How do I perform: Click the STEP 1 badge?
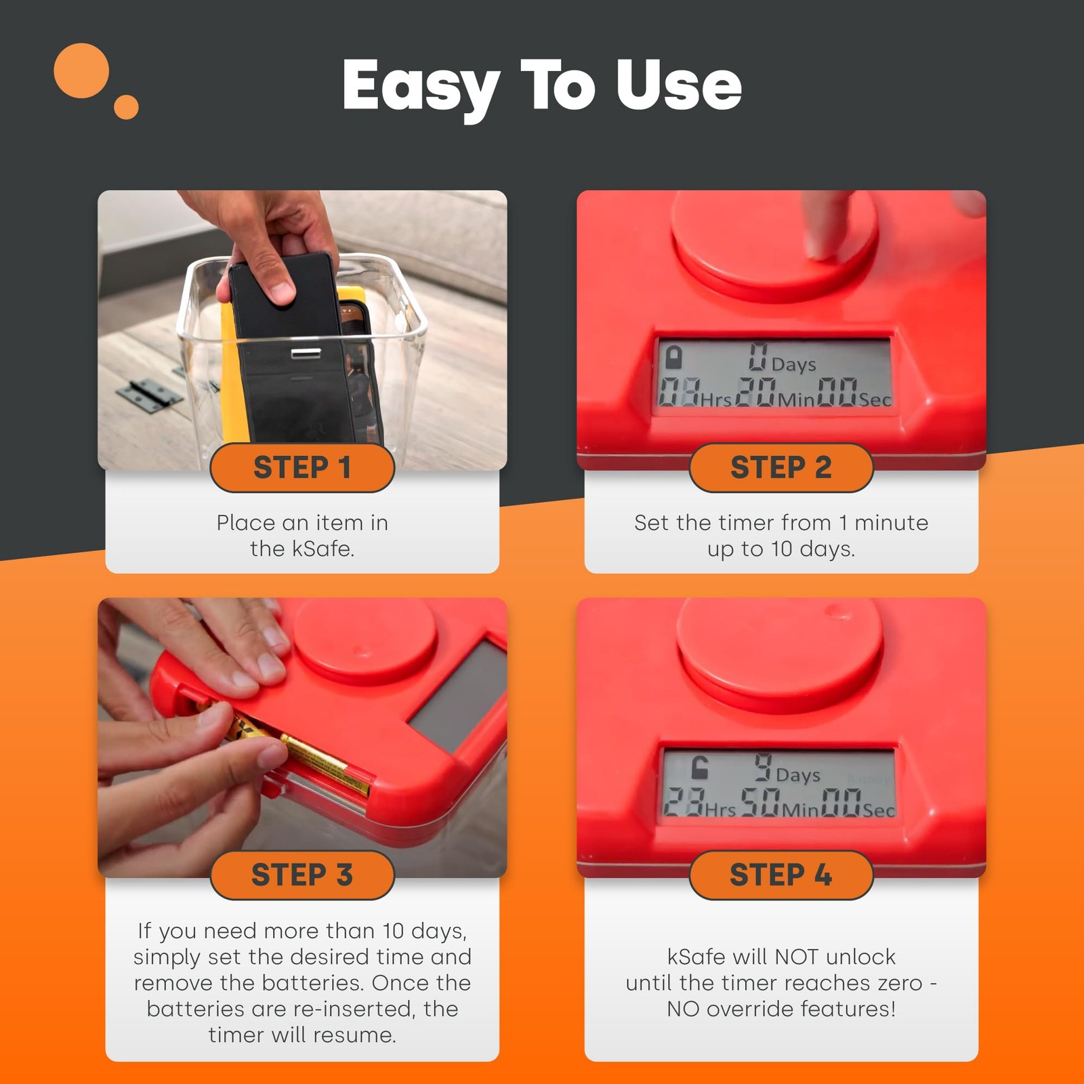[302, 467]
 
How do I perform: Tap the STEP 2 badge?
[781, 467]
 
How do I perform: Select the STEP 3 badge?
[302, 875]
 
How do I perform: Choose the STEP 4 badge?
[781, 875]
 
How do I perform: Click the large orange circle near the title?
[81, 70]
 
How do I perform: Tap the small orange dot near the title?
[126, 107]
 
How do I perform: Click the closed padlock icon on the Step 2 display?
[673, 357]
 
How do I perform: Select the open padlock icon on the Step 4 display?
[699, 768]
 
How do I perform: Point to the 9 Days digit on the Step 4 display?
[763, 768]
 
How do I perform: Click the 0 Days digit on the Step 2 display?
[758, 356]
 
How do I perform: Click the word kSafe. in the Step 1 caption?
[323, 548]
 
